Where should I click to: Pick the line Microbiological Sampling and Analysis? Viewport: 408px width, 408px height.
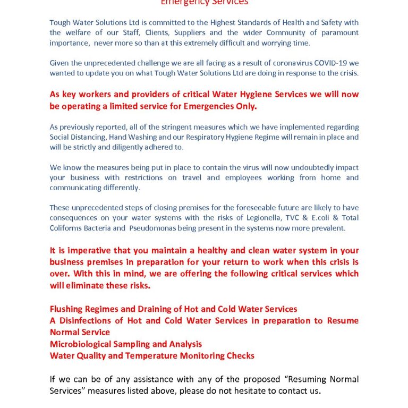tap(125, 344)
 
